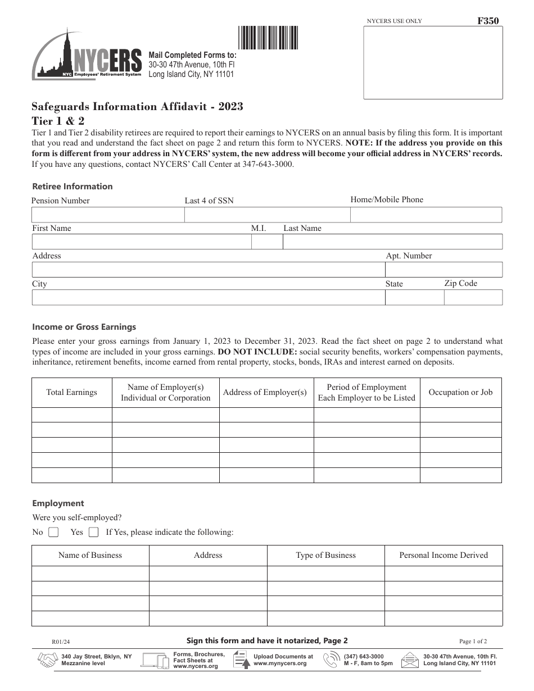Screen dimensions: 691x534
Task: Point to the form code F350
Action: click(x=487, y=21)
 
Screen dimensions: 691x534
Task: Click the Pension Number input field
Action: click(x=108, y=215)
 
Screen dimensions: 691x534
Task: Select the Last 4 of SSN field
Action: click(x=267, y=215)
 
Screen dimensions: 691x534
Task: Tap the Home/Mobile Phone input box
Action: click(x=426, y=215)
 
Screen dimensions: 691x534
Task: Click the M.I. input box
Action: click(x=267, y=242)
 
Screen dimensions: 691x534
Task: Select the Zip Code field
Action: click(x=473, y=298)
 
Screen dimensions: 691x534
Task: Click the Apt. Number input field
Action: click(x=443, y=270)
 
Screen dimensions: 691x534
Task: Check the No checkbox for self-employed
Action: click(x=53, y=532)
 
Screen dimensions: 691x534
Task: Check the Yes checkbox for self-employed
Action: click(x=94, y=532)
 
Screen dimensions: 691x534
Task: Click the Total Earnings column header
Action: click(x=71, y=392)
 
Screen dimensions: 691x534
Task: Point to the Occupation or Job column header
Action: click(x=460, y=392)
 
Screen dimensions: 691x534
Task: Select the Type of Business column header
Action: click(x=325, y=555)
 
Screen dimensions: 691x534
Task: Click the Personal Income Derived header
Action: click(x=444, y=555)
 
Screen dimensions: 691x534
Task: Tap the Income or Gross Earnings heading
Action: click(x=84, y=327)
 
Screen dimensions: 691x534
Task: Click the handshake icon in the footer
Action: click(x=47, y=660)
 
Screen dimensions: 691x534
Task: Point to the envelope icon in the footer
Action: click(x=410, y=660)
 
